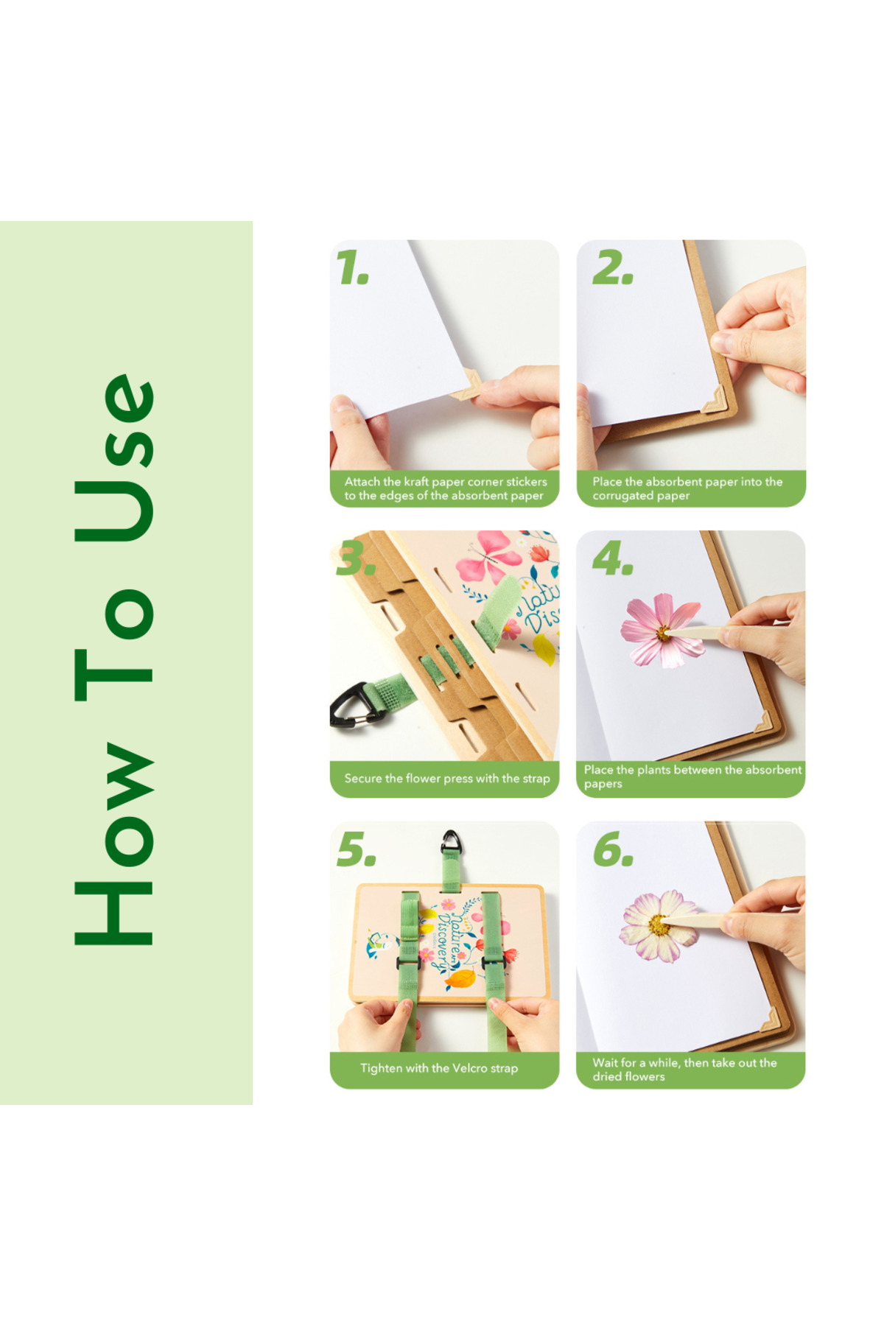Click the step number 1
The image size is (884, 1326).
(352, 267)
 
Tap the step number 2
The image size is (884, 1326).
(613, 267)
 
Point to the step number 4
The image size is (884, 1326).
(613, 558)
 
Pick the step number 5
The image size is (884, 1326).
(357, 849)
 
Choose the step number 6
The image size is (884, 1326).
(614, 849)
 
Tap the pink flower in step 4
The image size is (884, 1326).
(662, 631)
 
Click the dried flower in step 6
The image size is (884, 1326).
(659, 925)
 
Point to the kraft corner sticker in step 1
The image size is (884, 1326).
(466, 385)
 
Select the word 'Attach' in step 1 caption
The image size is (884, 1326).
(362, 482)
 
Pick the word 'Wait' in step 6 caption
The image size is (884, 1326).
(604, 1063)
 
